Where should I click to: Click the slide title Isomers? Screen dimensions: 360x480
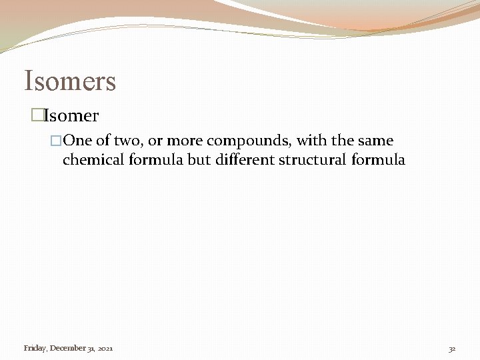point(70,81)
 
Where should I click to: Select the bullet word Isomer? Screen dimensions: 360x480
point(71,116)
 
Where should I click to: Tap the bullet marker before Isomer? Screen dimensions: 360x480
point(37,116)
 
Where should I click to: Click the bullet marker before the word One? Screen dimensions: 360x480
point(56,141)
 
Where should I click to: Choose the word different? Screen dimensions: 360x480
point(243,160)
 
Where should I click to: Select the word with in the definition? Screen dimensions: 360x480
point(311,141)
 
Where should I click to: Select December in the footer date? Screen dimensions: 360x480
point(68,348)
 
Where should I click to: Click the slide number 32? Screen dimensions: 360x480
point(452,349)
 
